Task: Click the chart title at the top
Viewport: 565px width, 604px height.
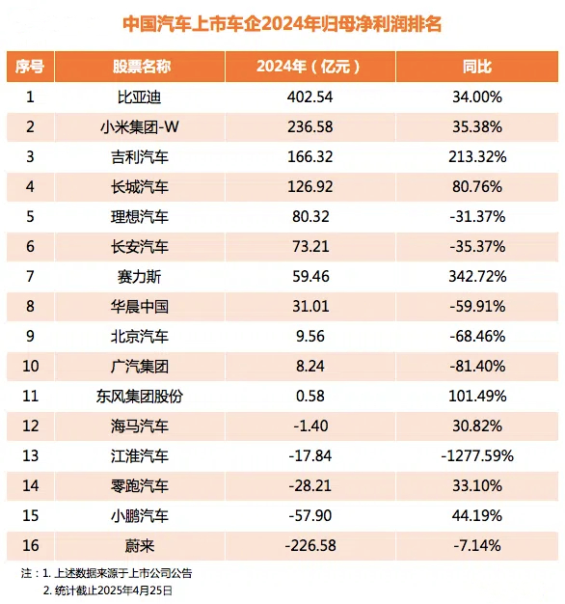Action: [282, 24]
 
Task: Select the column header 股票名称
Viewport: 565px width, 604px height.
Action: [142, 67]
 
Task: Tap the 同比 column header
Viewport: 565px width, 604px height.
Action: [477, 67]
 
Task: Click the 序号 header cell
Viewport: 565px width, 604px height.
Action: [30, 67]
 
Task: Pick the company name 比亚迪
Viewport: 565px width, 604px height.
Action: [140, 97]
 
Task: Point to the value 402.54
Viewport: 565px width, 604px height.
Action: [309, 96]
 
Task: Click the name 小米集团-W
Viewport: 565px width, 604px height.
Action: [140, 126]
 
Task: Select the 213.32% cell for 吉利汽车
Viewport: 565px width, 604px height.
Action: [477, 156]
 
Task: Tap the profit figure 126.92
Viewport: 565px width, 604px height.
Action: [310, 187]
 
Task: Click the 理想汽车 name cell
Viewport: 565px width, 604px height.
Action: [140, 217]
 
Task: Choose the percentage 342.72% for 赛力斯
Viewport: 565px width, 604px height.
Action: [477, 277]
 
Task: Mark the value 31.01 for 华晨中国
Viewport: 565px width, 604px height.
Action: [310, 307]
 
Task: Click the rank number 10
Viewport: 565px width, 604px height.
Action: [31, 366]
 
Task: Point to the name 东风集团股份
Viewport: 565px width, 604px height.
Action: [140, 397]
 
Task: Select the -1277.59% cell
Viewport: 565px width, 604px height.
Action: [477, 456]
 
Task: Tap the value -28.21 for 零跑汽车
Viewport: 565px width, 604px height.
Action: [310, 485]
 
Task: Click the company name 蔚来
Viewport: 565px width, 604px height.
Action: [140, 546]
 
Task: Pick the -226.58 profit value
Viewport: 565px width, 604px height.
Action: [310, 546]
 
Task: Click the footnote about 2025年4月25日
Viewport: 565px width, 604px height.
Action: [108, 590]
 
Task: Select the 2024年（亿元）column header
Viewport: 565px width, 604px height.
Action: [309, 67]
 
